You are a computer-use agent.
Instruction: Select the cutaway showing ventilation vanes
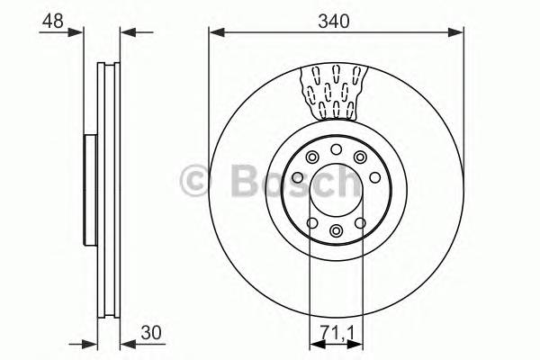[x=336, y=94]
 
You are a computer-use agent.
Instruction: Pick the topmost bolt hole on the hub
[x=336, y=150]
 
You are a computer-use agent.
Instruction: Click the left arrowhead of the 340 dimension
[x=214, y=33]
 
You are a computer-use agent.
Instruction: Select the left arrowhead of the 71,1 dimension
[x=314, y=345]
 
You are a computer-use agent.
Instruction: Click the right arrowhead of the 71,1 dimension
[x=357, y=345]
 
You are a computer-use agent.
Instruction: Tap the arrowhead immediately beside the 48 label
[x=90, y=33]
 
